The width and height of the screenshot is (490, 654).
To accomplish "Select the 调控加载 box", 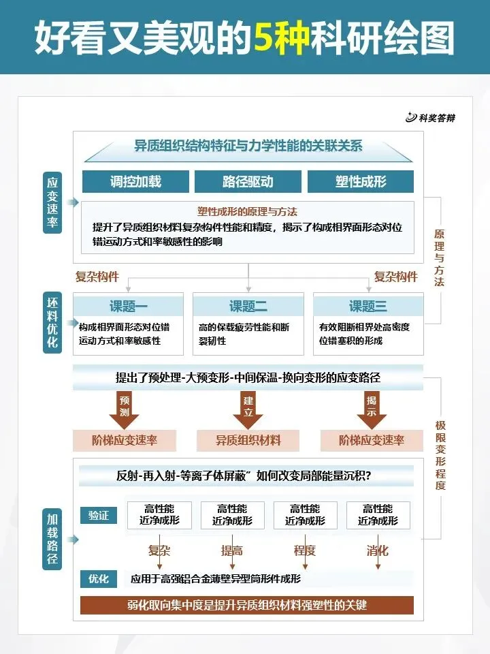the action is [x=135, y=182].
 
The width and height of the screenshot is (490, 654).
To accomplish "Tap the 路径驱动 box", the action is [x=248, y=182].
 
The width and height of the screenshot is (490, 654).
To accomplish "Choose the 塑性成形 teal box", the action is [x=361, y=182].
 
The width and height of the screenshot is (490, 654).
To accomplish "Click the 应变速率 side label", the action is [x=53, y=202].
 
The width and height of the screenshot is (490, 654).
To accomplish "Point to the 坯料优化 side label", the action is [x=53, y=322].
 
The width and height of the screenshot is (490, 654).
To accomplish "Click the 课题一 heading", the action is [x=129, y=306].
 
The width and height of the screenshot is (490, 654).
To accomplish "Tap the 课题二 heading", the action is [x=248, y=306].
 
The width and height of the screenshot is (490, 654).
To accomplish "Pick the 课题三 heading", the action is [x=367, y=306].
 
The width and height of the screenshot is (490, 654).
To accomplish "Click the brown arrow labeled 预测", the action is [x=124, y=409].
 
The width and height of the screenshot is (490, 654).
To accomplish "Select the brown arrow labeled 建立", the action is [x=248, y=409].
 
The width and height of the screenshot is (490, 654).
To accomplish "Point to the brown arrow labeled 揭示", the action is [x=372, y=409].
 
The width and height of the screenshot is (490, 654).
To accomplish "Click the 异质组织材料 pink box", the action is [x=248, y=440].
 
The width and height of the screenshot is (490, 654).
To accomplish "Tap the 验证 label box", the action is [x=99, y=516].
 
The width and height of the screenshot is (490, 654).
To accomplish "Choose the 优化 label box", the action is [x=99, y=579].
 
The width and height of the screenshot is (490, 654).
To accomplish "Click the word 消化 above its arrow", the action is [x=378, y=550].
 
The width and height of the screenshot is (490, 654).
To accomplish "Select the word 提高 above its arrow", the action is [x=232, y=550].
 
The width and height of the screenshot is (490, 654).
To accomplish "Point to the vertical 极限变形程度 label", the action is [x=440, y=455].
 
